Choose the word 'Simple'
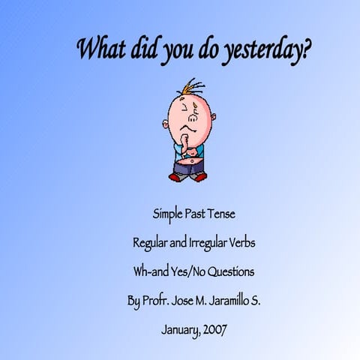click(168, 214)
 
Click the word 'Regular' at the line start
click(150, 244)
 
